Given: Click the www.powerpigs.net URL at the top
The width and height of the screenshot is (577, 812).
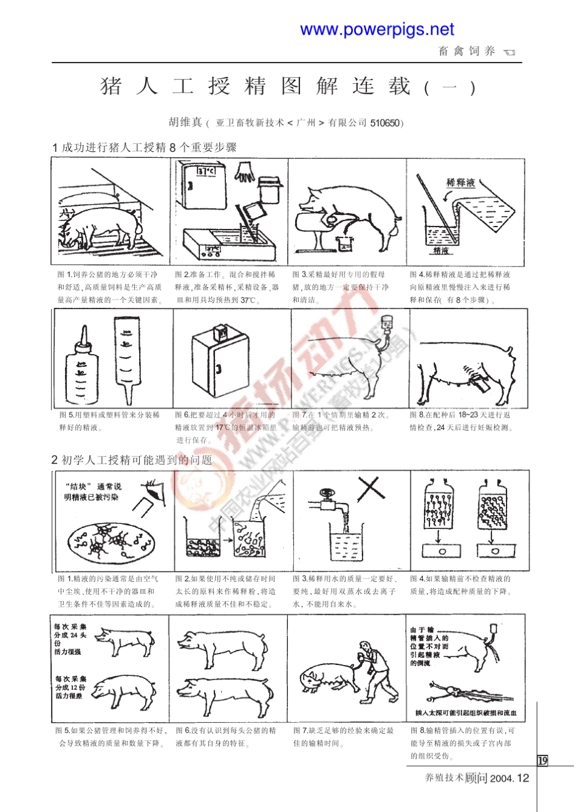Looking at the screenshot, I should [x=377, y=29].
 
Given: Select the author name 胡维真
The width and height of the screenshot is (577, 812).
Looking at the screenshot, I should [x=185, y=122].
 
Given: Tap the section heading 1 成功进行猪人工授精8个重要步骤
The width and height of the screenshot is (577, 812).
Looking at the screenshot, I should [x=145, y=147].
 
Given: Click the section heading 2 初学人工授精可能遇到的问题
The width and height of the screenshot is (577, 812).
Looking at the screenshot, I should [x=132, y=460].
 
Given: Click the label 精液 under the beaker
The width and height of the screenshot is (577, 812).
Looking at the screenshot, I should [x=440, y=250].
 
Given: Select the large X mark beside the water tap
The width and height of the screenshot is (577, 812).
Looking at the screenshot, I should [x=370, y=488].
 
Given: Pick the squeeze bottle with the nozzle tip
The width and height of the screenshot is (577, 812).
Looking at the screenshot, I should [x=82, y=364].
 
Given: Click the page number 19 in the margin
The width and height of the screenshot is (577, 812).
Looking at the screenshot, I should [x=542, y=760].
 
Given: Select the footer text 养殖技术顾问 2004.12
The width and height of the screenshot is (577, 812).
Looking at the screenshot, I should [x=477, y=778].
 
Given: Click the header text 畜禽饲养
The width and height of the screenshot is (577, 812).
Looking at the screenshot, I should [x=466, y=52].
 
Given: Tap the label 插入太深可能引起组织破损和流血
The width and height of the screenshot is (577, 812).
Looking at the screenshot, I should [x=466, y=713].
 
